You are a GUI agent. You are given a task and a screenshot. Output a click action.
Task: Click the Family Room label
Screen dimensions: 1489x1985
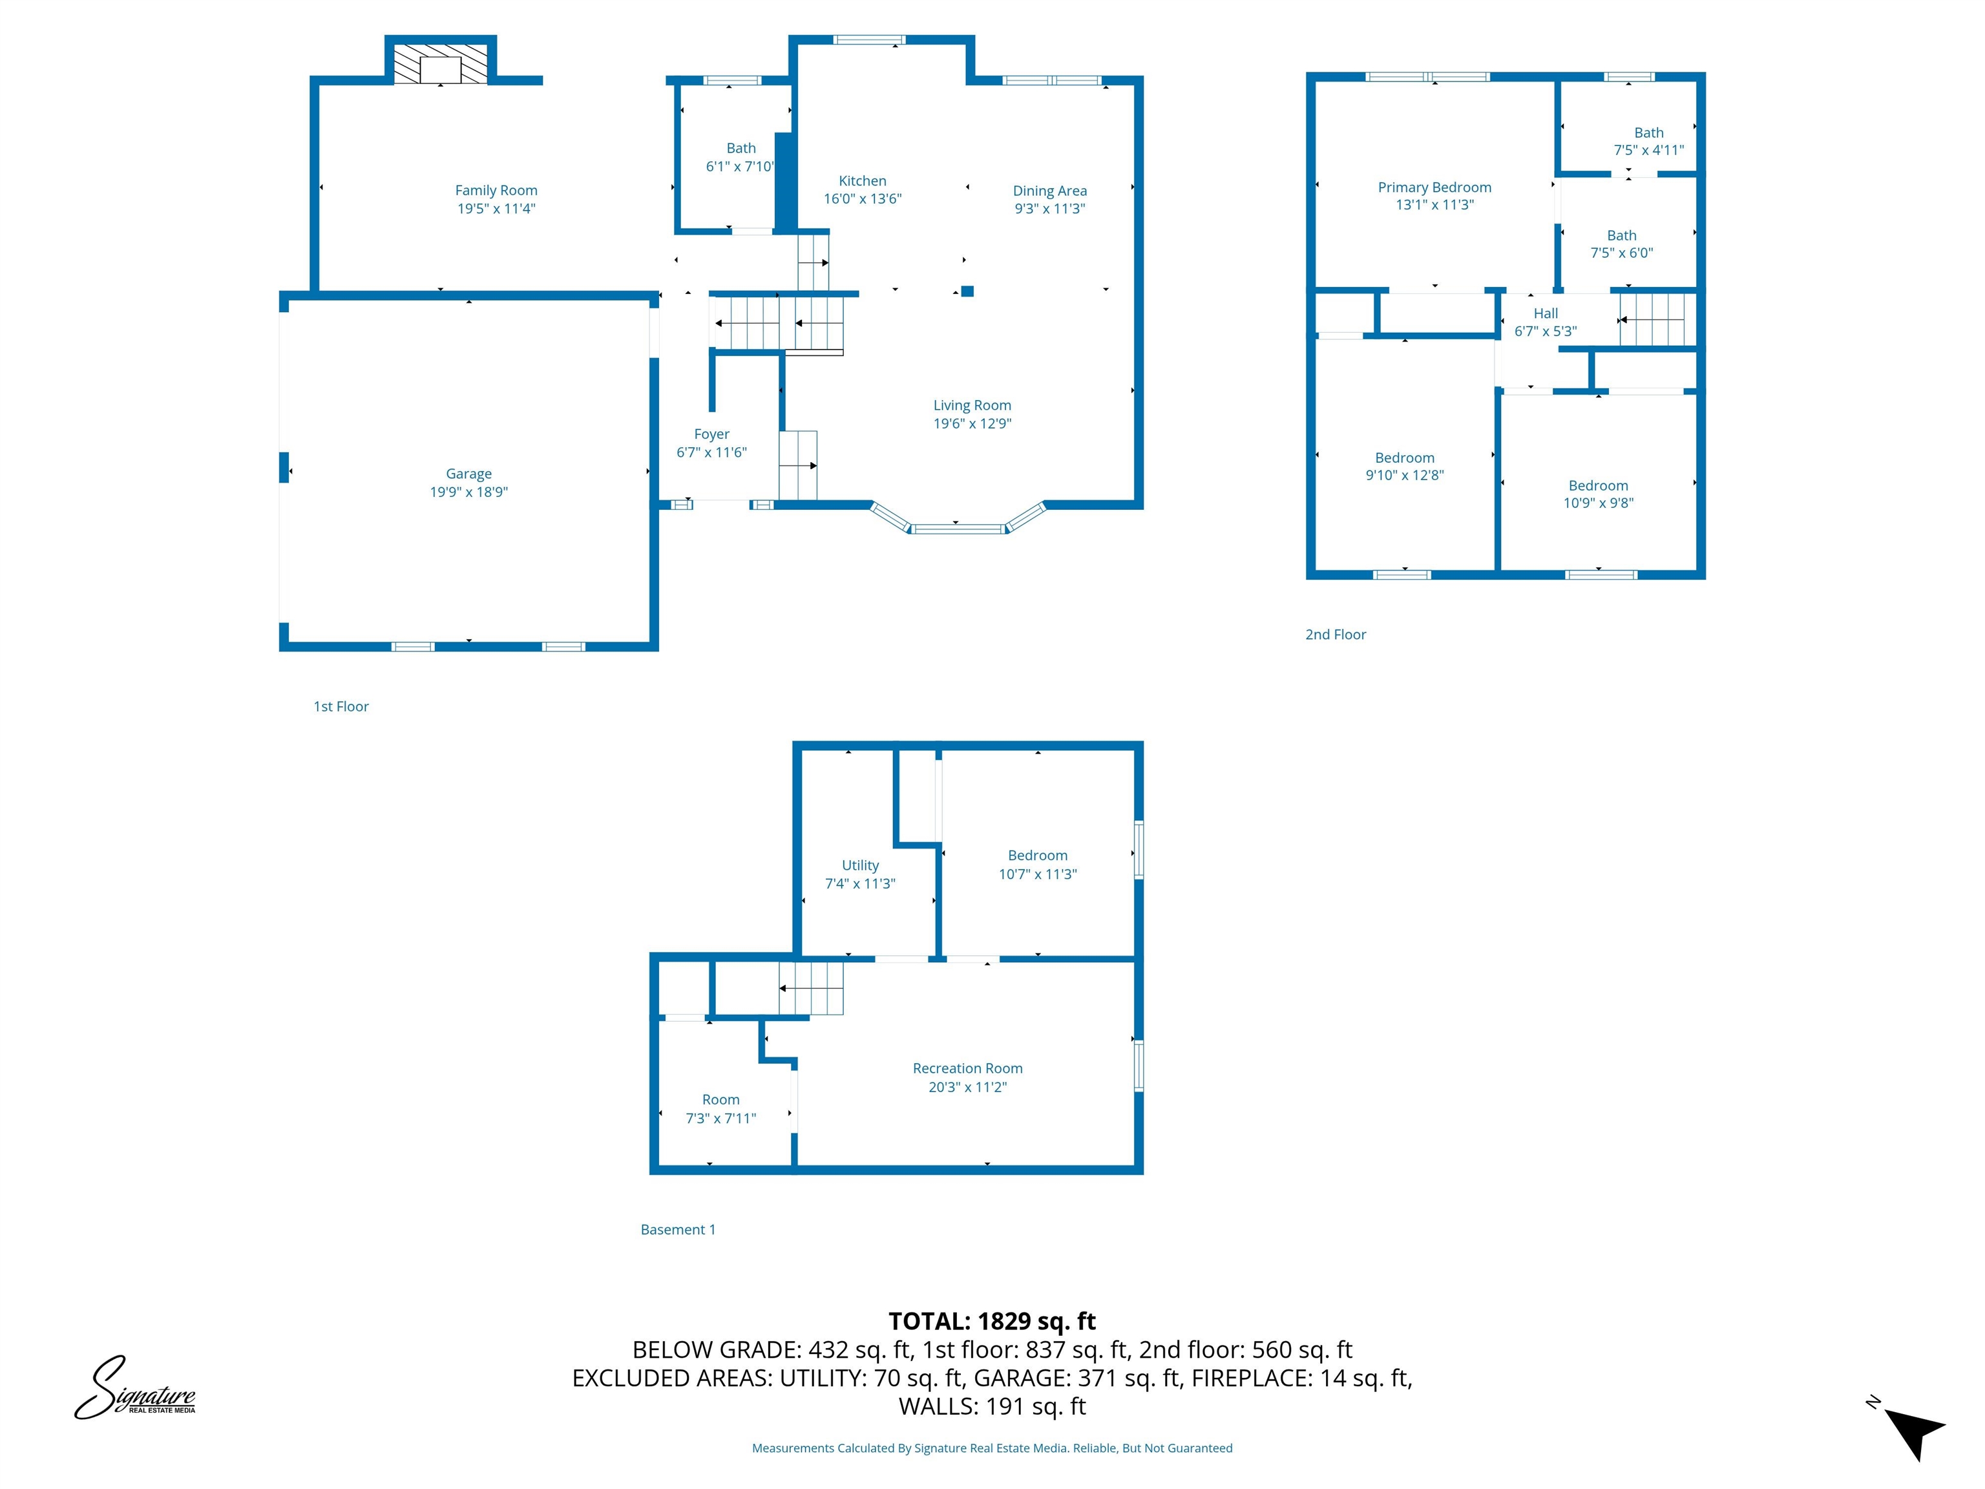click(x=496, y=190)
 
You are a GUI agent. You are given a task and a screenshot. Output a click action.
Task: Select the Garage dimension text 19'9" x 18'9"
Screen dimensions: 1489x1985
click(x=468, y=492)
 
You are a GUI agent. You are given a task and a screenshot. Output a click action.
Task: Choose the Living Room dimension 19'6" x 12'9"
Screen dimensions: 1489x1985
click(x=972, y=424)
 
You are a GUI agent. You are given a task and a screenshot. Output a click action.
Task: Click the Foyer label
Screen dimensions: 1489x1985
click(x=711, y=434)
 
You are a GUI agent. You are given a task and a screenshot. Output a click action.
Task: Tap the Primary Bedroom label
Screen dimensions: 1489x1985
click(x=1434, y=187)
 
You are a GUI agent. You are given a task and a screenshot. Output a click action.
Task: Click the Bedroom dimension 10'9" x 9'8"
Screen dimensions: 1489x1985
click(x=1598, y=503)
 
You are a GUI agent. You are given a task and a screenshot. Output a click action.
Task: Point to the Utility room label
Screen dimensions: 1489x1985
click(x=859, y=865)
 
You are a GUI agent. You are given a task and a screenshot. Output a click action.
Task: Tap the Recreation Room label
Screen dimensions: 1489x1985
click(x=967, y=1068)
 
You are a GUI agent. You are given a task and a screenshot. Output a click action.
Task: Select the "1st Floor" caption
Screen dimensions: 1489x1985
click(x=341, y=706)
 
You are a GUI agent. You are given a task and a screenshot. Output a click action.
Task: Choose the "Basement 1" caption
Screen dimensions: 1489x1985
click(x=678, y=1230)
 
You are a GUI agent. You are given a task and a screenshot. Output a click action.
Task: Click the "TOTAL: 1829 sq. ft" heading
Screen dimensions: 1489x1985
click(x=992, y=1321)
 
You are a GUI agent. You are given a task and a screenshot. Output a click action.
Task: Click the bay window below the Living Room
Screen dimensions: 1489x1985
click(x=958, y=528)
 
